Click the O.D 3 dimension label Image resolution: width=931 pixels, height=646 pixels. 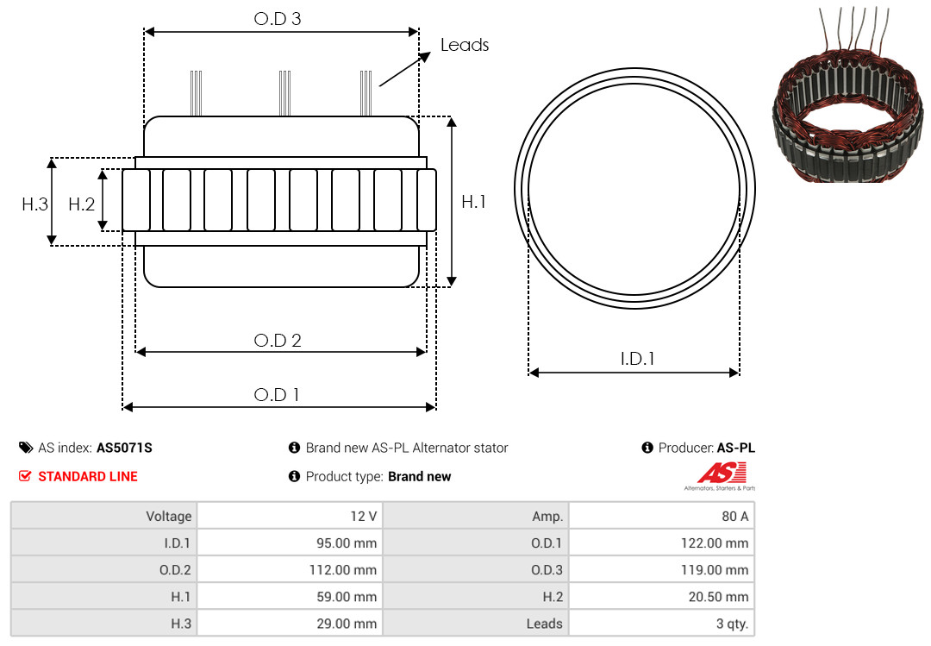pyautogui.click(x=278, y=19)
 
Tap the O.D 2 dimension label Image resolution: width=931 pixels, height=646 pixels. pyautogui.click(x=278, y=341)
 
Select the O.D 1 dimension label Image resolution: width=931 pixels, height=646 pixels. pyautogui.click(x=277, y=395)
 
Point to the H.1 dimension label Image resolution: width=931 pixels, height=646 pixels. pyautogui.click(x=474, y=202)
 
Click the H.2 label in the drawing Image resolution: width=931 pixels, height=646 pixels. pyautogui.click(x=81, y=204)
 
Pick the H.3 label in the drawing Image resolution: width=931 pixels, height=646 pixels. pyautogui.click(x=35, y=204)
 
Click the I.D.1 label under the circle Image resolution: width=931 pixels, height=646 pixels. pyautogui.click(x=637, y=358)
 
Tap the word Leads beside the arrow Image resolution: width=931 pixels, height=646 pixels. pyautogui.click(x=465, y=45)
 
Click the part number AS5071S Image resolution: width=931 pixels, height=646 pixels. pyautogui.click(x=124, y=448)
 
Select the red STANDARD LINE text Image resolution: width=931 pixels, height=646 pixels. pyautogui.click(x=88, y=476)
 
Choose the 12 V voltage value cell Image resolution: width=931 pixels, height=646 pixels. pyautogui.click(x=290, y=516)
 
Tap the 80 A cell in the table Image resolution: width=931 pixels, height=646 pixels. pyautogui.click(x=661, y=516)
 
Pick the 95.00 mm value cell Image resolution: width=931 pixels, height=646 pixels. pyautogui.click(x=290, y=543)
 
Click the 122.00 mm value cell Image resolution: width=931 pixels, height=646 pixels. pyautogui.click(x=661, y=543)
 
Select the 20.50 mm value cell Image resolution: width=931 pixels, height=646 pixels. pyautogui.click(x=661, y=596)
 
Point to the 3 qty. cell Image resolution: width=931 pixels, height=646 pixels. pyautogui.click(x=661, y=623)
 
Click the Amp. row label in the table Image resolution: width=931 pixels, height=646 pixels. pyautogui.click(x=476, y=516)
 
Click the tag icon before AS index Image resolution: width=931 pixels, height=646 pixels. pyautogui.click(x=26, y=448)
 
